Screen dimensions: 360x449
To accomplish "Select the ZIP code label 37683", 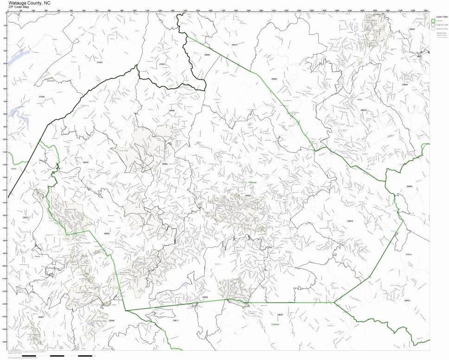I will click(99, 63).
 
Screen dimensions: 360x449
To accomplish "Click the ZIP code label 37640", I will click(42, 96).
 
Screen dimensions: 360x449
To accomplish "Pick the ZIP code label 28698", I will click(172, 110).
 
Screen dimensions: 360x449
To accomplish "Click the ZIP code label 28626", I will click(363, 110).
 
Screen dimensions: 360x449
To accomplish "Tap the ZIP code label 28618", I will click(350, 221).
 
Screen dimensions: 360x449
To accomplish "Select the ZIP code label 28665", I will click(409, 186).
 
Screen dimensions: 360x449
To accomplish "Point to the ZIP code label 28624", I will click(407, 301).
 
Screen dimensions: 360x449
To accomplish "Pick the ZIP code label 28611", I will click(175, 321).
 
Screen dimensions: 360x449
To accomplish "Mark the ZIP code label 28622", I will click(25, 217).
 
